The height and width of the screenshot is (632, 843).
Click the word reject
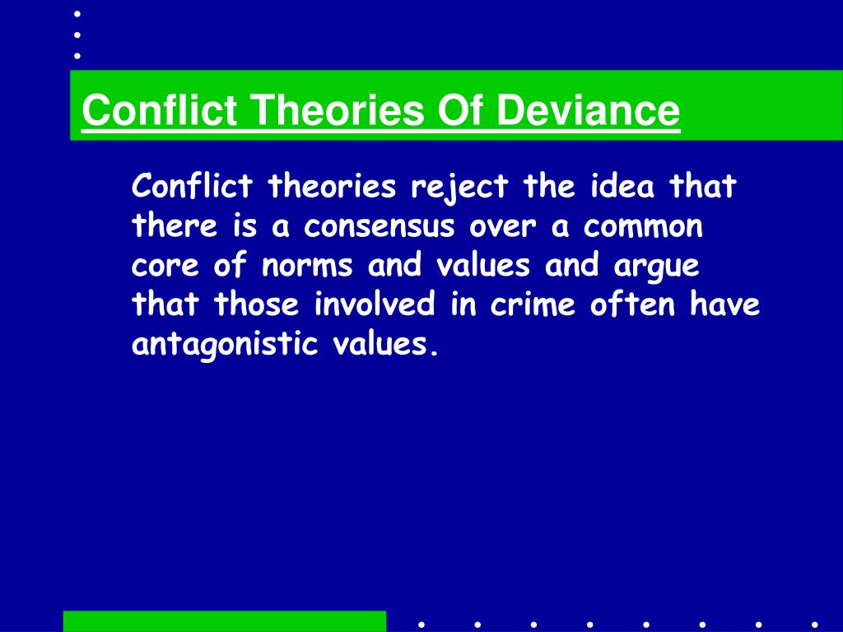[x=459, y=188]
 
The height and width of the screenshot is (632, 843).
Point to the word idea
[x=622, y=186]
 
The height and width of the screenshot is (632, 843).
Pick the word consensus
[x=380, y=227]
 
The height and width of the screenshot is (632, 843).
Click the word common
[x=643, y=227]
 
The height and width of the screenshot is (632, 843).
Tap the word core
[x=165, y=266]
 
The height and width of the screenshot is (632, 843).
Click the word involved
[x=375, y=304]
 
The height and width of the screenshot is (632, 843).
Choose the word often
[x=632, y=304]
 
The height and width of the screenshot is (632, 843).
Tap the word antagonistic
[x=225, y=345]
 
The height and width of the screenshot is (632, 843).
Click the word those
[x=257, y=304]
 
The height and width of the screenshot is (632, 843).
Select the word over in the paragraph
[x=503, y=227]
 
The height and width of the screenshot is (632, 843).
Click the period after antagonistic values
[x=435, y=353]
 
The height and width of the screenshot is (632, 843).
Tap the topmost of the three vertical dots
[x=77, y=14]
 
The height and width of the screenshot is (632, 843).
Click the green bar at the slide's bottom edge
[x=225, y=621]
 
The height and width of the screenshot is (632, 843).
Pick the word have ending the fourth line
[x=724, y=304]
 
